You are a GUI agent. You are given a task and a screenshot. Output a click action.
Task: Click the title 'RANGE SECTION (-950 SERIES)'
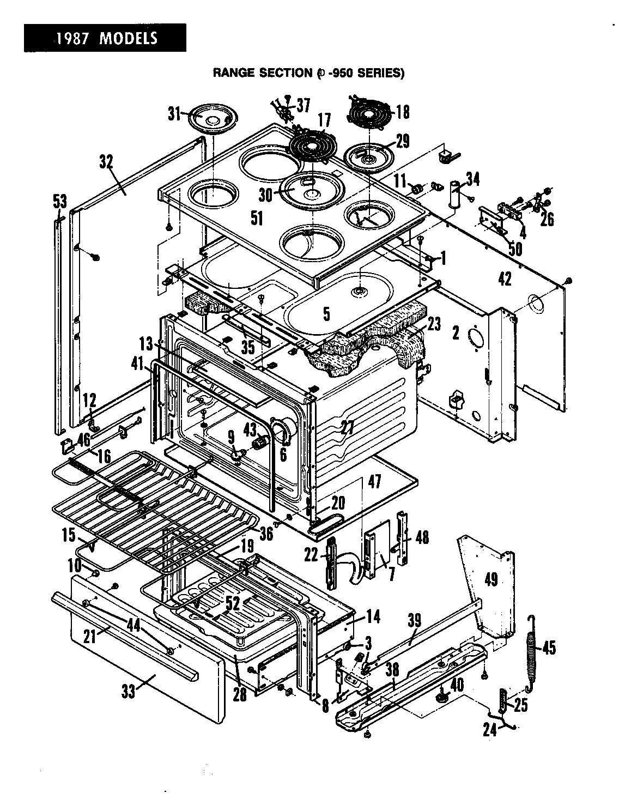tap(308, 72)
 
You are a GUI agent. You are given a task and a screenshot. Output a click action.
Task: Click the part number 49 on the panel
tap(490, 579)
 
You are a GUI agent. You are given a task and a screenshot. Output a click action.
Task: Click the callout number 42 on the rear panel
tap(505, 279)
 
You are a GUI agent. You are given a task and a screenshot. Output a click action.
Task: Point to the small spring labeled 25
tap(503, 700)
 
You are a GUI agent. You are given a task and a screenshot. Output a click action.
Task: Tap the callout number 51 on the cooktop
tap(257, 218)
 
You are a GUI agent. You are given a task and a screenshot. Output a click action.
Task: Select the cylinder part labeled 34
tap(453, 195)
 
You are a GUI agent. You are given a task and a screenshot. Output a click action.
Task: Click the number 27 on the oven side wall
tap(347, 427)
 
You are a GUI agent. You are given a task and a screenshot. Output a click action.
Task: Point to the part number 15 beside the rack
tap(69, 535)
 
